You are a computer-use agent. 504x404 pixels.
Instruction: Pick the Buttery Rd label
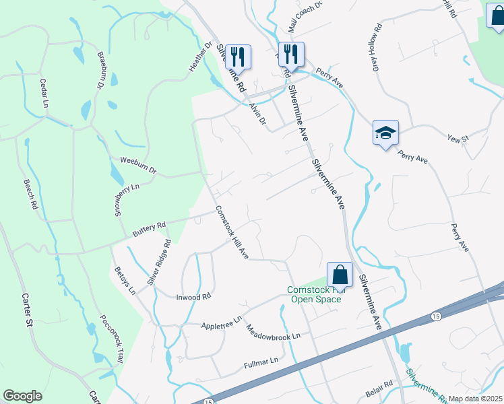[x=149, y=228]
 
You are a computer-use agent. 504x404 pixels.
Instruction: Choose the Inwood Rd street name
[x=194, y=296]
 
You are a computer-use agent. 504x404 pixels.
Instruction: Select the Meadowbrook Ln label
[x=272, y=331]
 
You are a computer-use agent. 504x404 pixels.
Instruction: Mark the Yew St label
[x=458, y=138]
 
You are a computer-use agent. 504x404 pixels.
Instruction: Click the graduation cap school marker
[x=386, y=133]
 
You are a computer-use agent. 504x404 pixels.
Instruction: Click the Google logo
[x=22, y=396]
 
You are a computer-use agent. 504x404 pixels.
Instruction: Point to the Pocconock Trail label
[x=111, y=339]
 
